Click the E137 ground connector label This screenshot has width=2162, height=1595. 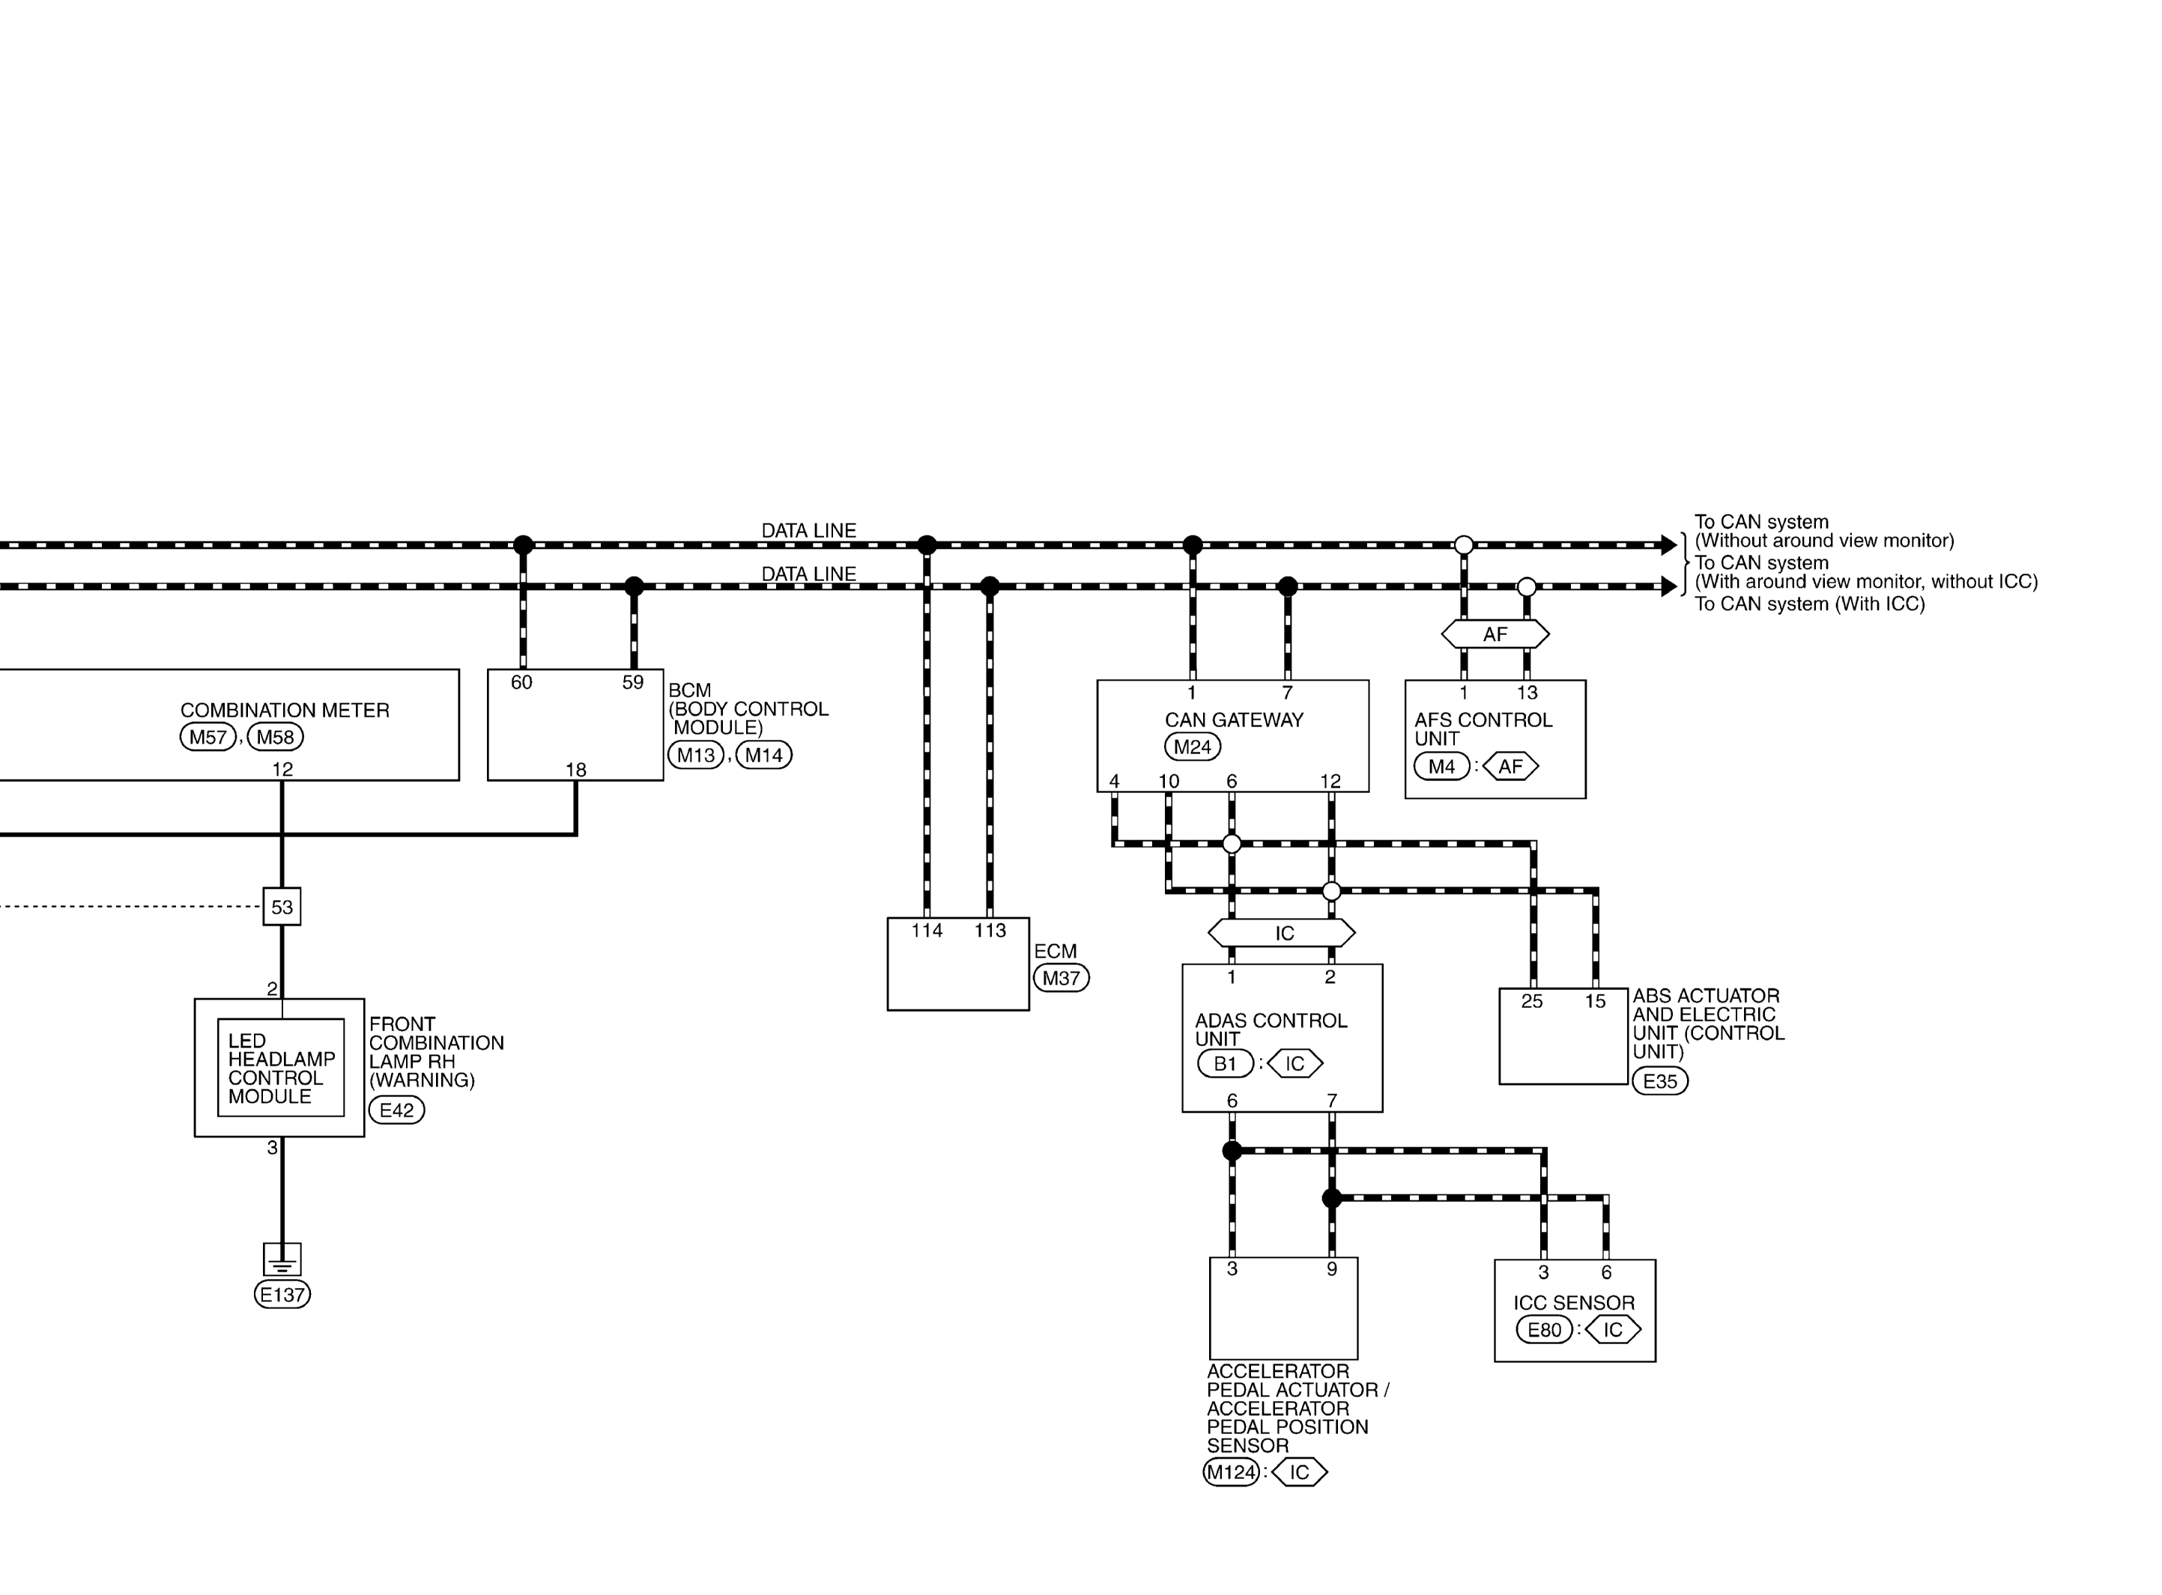click(x=282, y=1295)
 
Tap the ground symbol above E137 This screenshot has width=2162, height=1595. click(x=282, y=1259)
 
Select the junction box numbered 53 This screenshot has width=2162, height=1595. click(x=282, y=907)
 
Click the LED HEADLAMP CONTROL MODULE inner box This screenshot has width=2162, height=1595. click(x=281, y=1068)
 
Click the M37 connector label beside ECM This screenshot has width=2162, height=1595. click(x=1062, y=978)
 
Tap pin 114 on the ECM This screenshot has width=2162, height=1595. click(x=927, y=931)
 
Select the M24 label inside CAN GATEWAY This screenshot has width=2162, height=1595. click(x=1193, y=747)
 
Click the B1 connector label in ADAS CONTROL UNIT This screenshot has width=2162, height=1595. click(x=1226, y=1063)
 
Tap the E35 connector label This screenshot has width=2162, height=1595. click(x=1660, y=1081)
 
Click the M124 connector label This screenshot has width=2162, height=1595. click(x=1231, y=1472)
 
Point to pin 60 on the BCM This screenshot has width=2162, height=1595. click(x=521, y=683)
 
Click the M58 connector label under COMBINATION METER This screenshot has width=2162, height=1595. click(x=275, y=737)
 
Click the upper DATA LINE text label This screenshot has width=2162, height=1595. click(x=808, y=531)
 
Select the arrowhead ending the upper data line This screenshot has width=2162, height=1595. click(x=1668, y=545)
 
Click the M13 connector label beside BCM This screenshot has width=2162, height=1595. click(x=696, y=755)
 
